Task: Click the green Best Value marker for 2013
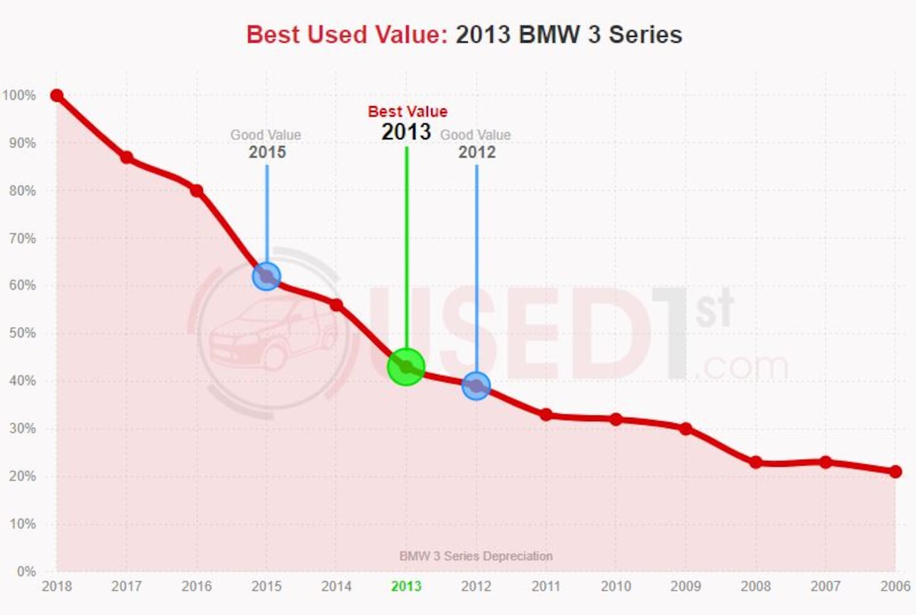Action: [x=406, y=367]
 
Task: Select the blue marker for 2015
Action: [x=267, y=277]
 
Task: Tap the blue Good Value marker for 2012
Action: [x=476, y=385]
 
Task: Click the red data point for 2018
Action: [x=57, y=95]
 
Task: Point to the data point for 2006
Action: [x=895, y=471]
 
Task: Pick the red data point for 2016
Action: [x=197, y=191]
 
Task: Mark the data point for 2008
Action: [x=756, y=462]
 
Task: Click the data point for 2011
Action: [x=546, y=415]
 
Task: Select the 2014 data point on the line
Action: [x=337, y=305]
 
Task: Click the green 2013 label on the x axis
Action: [x=406, y=586]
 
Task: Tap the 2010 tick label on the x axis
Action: [x=616, y=586]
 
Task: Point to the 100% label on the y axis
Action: [x=19, y=95]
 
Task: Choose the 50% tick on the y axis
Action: [x=22, y=333]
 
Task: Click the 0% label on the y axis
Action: [x=26, y=571]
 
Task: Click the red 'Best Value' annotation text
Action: [x=408, y=112]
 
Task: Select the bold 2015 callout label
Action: [x=267, y=152]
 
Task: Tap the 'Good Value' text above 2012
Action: [x=475, y=135]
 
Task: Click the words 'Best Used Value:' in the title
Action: [x=347, y=34]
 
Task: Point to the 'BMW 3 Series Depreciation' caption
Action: [x=476, y=556]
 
